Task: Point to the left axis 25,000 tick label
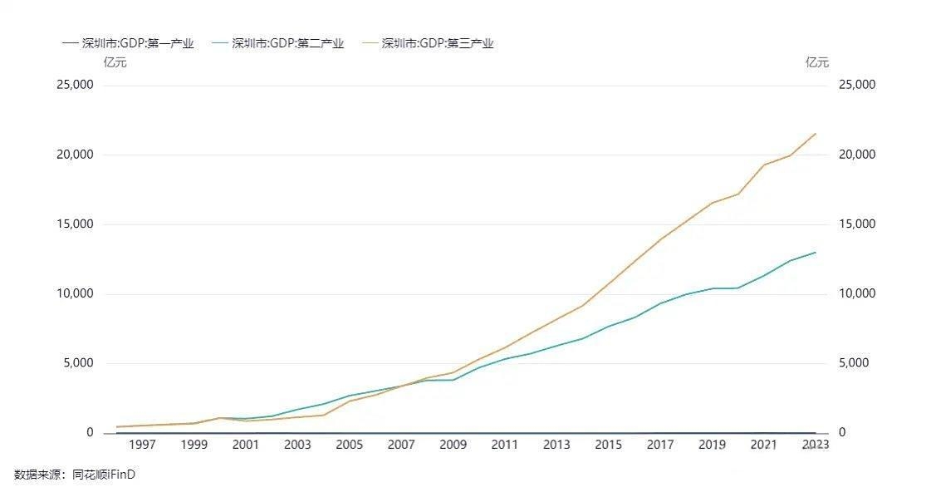(75, 85)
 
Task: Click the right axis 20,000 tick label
(858, 155)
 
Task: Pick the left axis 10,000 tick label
(75, 294)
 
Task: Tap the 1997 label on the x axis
(142, 445)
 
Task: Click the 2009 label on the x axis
(453, 445)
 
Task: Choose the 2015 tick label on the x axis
(608, 445)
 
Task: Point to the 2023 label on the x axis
(815, 445)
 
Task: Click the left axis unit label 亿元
(115, 62)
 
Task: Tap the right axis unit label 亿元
(817, 62)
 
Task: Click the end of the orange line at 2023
(816, 133)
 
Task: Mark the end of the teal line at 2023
(816, 252)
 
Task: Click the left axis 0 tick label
(90, 433)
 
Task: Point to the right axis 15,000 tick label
(858, 224)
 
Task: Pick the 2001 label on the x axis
(246, 445)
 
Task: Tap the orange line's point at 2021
(764, 165)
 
